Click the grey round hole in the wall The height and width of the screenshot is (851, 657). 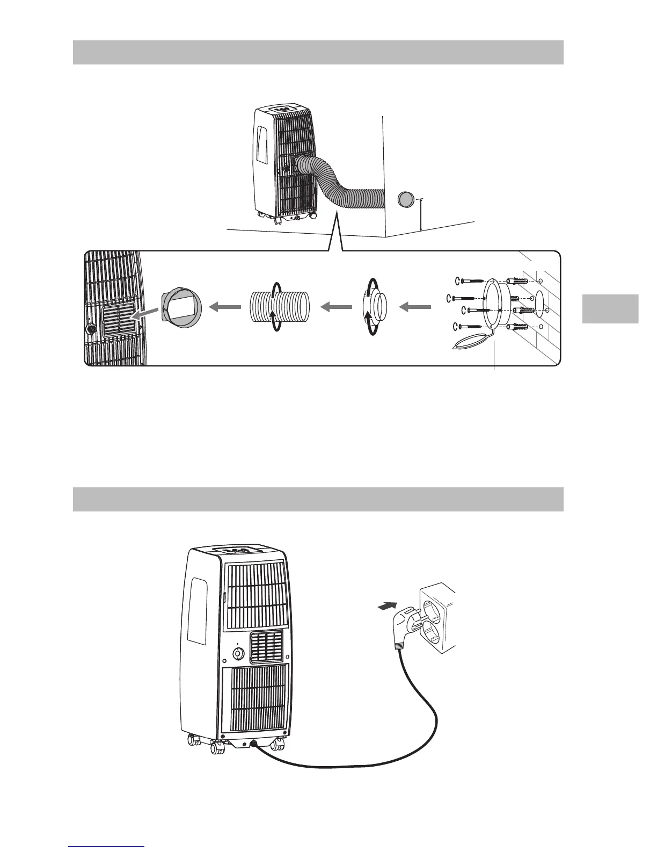tap(406, 200)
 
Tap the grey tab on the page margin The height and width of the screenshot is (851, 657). tap(610, 308)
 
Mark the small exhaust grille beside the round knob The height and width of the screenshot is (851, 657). tap(266, 646)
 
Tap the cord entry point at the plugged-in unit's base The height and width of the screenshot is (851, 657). tap(253, 744)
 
